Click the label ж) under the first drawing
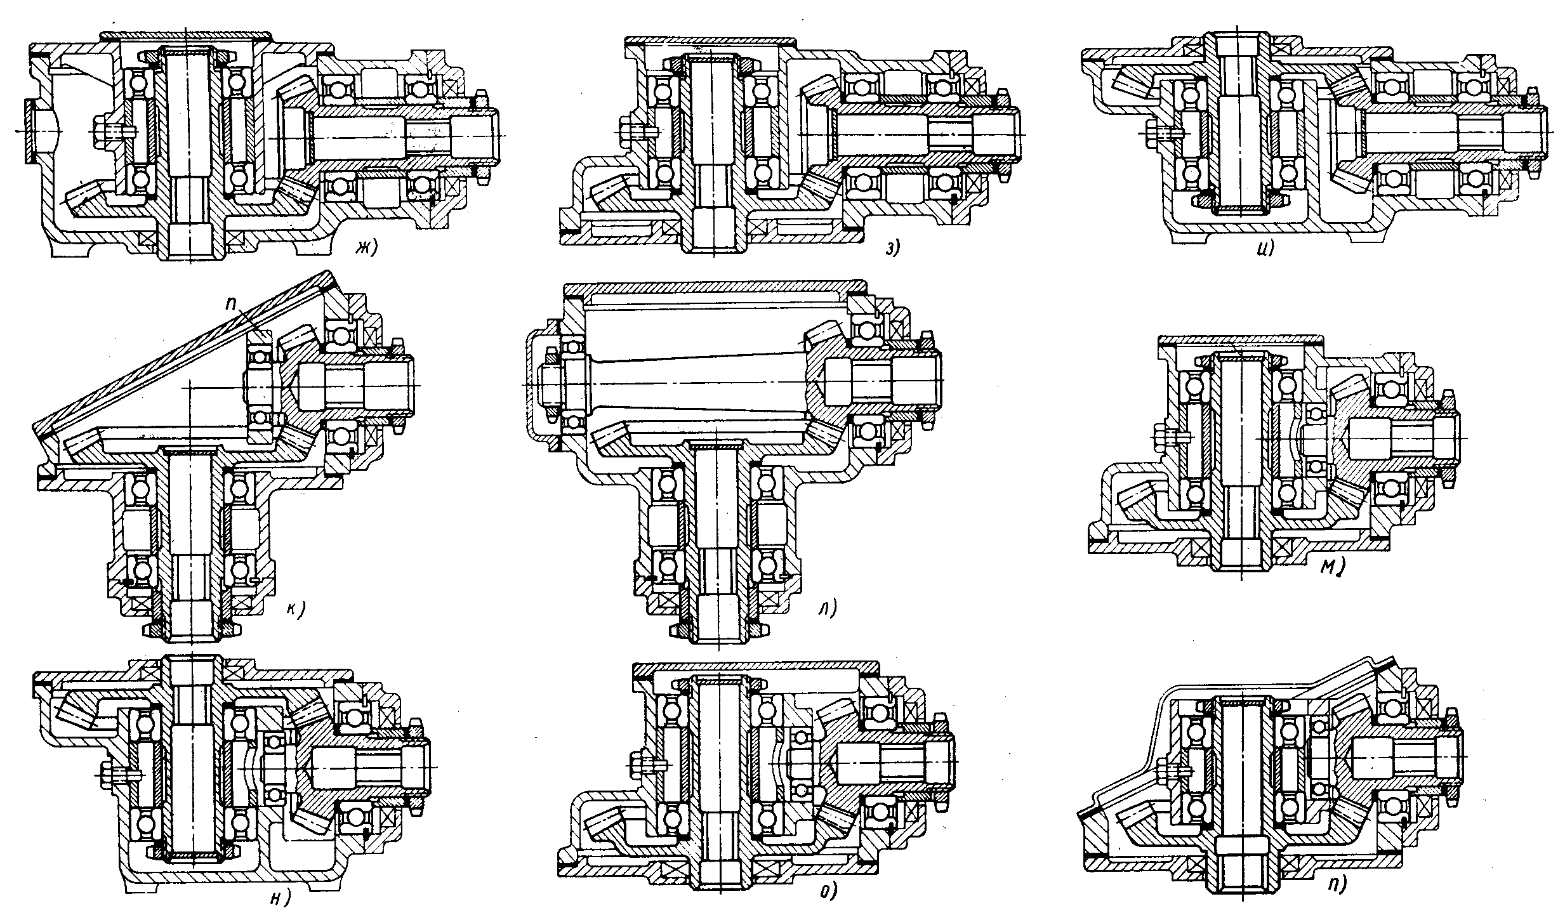click(366, 248)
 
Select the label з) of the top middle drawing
click(894, 249)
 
